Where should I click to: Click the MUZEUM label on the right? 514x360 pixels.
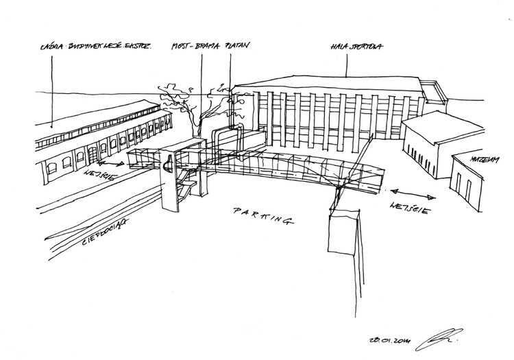point(482,159)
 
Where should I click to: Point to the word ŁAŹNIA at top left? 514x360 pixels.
point(51,48)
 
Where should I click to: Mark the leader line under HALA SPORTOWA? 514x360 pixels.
point(347,63)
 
